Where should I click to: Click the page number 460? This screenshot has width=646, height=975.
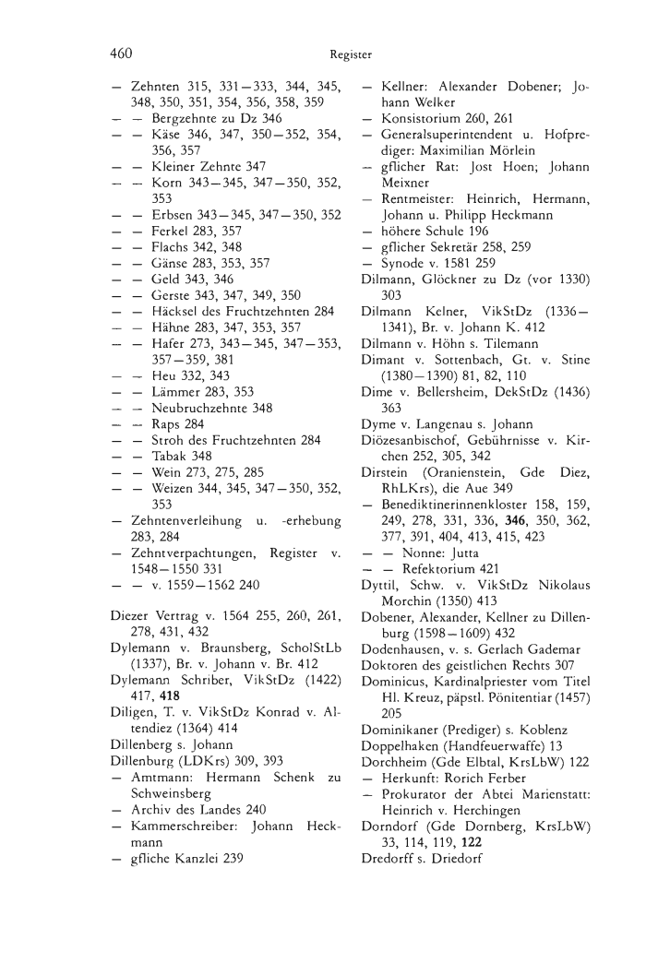tap(122, 54)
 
